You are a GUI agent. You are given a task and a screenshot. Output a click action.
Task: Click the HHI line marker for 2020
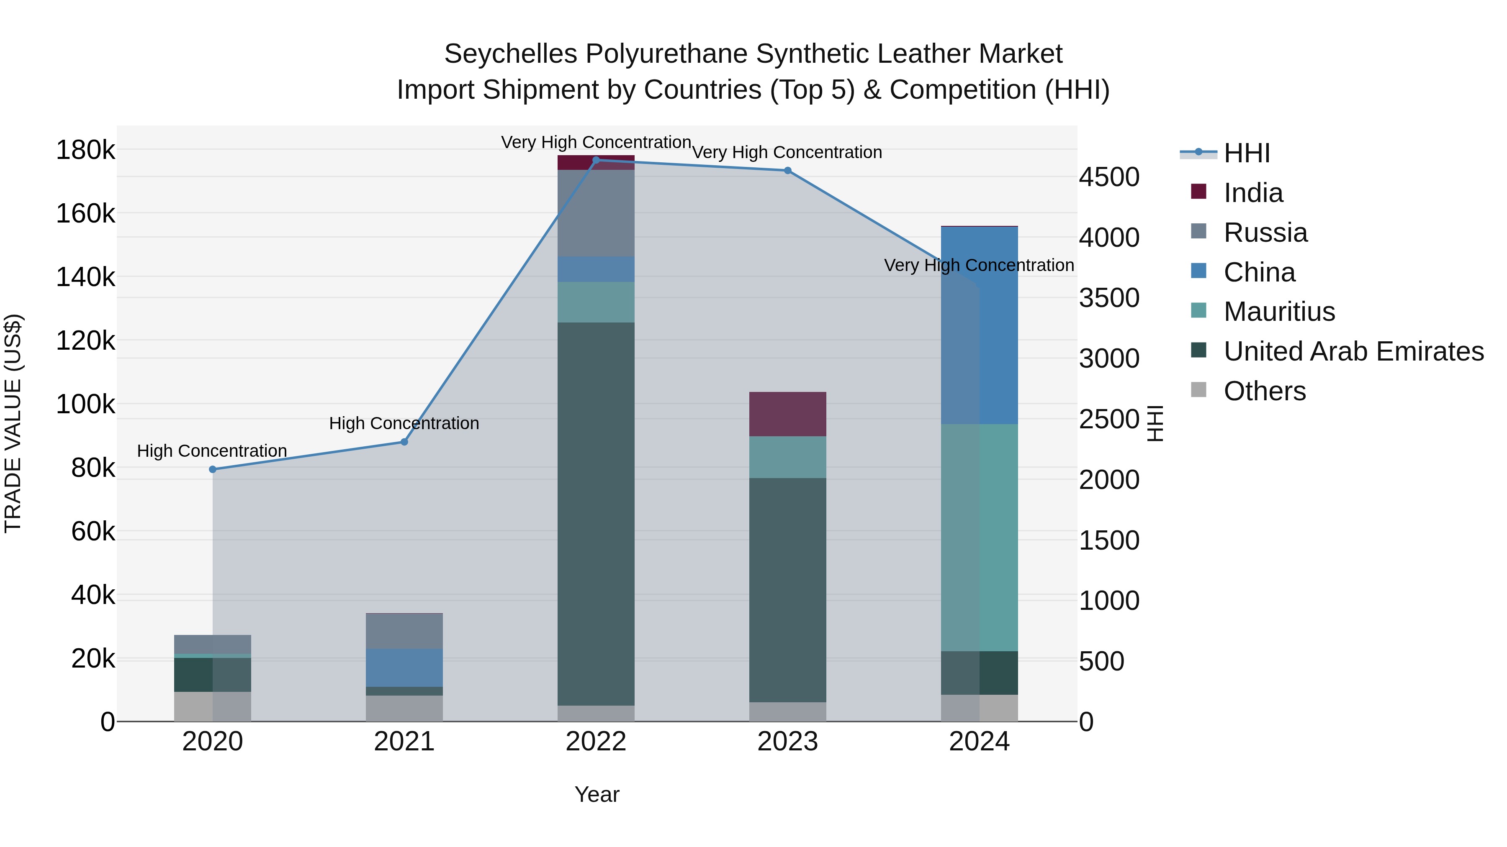tap(212, 469)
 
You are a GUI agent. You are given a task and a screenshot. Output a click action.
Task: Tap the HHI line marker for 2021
tap(404, 442)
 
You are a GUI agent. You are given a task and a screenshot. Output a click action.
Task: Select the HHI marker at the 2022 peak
tap(596, 160)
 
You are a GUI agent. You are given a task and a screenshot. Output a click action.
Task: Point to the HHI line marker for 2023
tap(787, 171)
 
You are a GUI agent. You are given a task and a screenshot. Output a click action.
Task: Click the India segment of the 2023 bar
tap(787, 414)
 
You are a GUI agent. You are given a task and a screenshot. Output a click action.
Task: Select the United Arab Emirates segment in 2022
tap(596, 514)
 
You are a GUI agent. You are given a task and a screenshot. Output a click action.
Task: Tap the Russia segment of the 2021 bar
tap(404, 631)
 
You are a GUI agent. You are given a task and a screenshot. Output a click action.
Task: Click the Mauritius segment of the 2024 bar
tap(979, 538)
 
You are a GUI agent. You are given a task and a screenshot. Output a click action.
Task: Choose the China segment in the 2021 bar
tap(404, 668)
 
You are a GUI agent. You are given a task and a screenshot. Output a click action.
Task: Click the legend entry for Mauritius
tap(1279, 312)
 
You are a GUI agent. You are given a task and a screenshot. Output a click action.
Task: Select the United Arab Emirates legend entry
tap(1353, 351)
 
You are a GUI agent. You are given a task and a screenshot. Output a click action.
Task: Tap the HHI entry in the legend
tap(1246, 153)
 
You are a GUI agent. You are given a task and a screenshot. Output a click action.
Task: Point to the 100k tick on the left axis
tap(85, 404)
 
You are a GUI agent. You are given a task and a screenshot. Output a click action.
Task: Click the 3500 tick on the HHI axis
tap(1108, 298)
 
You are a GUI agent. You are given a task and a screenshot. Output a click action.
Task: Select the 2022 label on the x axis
tap(596, 742)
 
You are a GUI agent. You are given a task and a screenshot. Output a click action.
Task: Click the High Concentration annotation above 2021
tap(404, 423)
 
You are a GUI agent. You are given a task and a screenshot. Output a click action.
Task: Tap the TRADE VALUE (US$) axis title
tap(13, 423)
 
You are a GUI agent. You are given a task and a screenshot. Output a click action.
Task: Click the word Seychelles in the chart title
tap(510, 54)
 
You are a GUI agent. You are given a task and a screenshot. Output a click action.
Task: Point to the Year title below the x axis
tap(597, 794)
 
